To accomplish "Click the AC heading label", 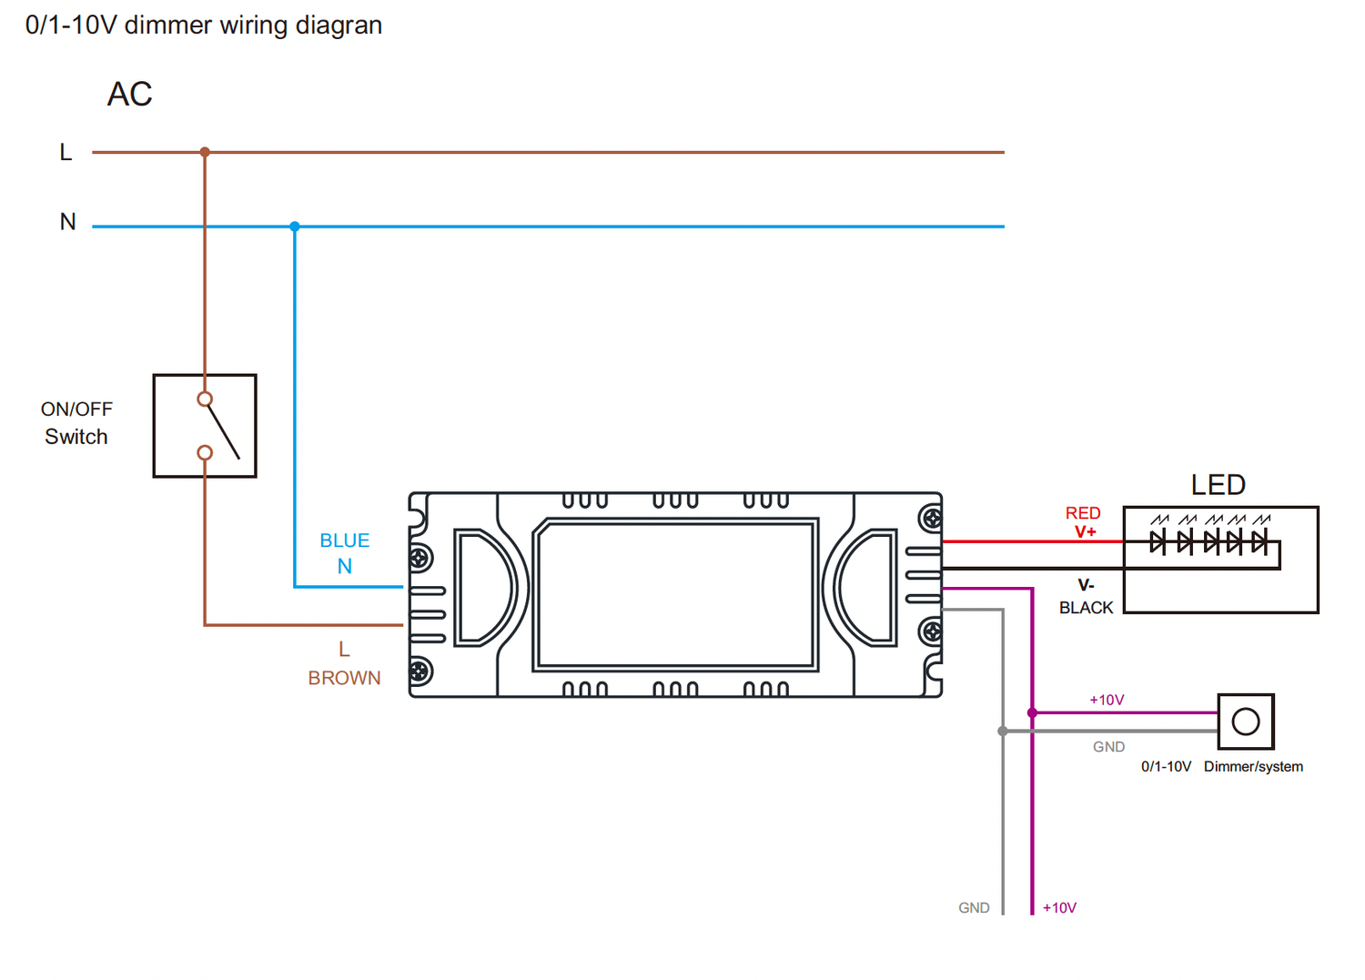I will [x=129, y=95].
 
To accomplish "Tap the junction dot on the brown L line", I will [x=205, y=152].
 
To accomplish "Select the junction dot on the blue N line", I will [x=295, y=226].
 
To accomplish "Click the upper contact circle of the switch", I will [x=205, y=399].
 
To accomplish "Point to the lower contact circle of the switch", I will [x=205, y=452].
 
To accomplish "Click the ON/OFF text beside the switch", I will [x=76, y=409].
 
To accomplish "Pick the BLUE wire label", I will [x=345, y=541].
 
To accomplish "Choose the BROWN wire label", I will [x=344, y=678].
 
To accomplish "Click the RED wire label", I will [x=1083, y=513].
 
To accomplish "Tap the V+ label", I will [x=1086, y=531].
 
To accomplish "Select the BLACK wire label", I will [x=1086, y=608].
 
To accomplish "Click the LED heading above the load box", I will [x=1218, y=485].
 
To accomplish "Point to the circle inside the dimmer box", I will [x=1246, y=722].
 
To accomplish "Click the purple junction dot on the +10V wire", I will [x=1032, y=712].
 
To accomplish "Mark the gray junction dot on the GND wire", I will [x=1003, y=731].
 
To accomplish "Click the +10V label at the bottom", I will [x=1059, y=908].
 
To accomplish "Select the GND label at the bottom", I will [x=974, y=908].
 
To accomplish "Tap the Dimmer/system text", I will [x=1253, y=767].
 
